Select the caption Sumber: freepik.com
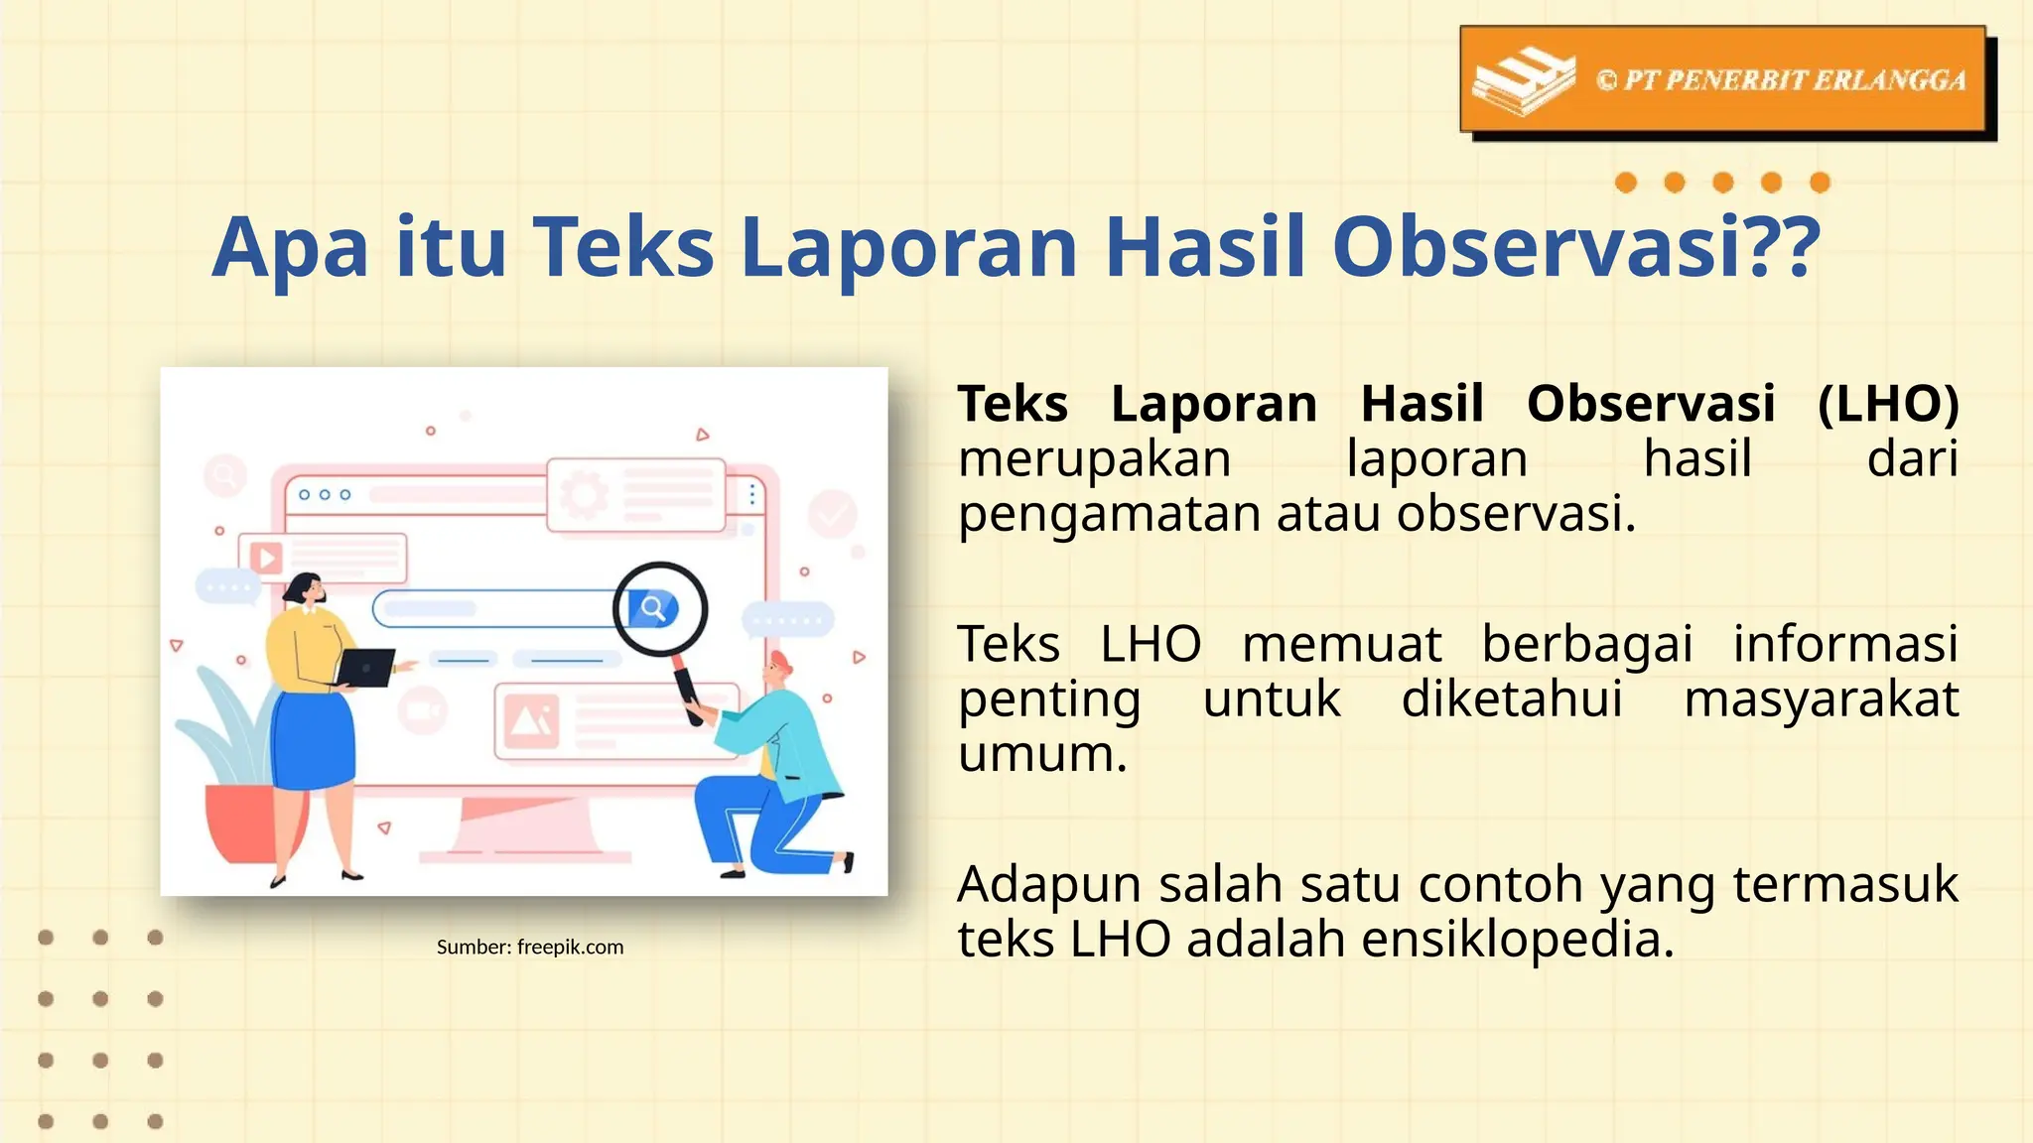(x=530, y=947)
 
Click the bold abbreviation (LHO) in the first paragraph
(x=1888, y=404)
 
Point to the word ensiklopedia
(x=1518, y=939)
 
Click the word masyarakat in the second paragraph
(x=1821, y=698)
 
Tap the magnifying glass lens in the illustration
(x=659, y=608)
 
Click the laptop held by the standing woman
(x=366, y=667)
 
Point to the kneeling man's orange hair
(x=781, y=661)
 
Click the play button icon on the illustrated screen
(x=265, y=558)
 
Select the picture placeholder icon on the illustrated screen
(x=531, y=720)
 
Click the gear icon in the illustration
(x=583, y=494)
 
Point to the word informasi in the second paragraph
(x=1844, y=644)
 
